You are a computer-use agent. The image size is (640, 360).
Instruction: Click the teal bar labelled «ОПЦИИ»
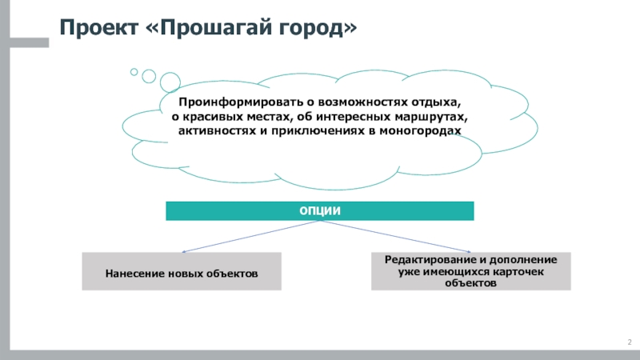point(320,210)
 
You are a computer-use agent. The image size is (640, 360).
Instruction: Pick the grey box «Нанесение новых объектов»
point(182,272)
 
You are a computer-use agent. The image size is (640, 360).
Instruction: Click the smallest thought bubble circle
point(134,71)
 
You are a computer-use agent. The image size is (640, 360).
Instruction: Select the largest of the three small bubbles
point(170,82)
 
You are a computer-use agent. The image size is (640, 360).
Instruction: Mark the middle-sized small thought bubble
point(149,75)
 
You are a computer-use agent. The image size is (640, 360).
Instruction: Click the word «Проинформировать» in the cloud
point(227,103)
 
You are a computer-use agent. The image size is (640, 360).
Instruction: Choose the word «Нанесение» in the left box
point(134,273)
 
